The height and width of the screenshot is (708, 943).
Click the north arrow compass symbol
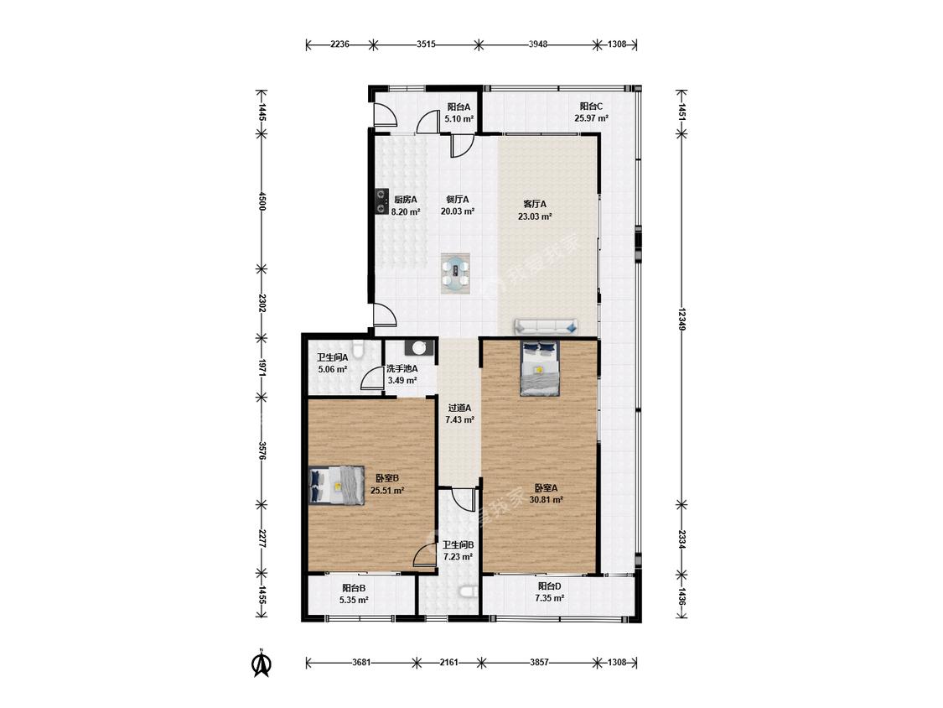pos(261,662)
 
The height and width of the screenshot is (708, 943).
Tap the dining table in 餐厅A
pos(455,273)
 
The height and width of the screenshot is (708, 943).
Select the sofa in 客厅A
pos(547,327)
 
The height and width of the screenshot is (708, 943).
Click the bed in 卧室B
pos(337,485)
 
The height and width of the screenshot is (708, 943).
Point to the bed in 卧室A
pos(540,368)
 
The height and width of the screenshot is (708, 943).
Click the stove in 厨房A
pos(381,201)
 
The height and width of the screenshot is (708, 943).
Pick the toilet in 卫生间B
pos(469,592)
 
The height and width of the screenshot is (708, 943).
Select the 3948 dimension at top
pos(537,44)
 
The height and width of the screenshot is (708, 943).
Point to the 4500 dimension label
pos(261,201)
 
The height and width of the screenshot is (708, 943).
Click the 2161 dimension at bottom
pos(448,662)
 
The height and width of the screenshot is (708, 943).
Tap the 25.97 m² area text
pos(591,118)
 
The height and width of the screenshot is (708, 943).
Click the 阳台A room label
pos(459,107)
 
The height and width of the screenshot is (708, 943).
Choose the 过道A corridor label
pos(459,408)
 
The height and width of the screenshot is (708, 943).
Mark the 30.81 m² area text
pos(546,500)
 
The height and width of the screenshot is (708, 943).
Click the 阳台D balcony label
pos(549,586)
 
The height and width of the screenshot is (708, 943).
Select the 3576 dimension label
pos(261,450)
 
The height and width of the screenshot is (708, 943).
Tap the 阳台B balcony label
pos(354,588)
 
